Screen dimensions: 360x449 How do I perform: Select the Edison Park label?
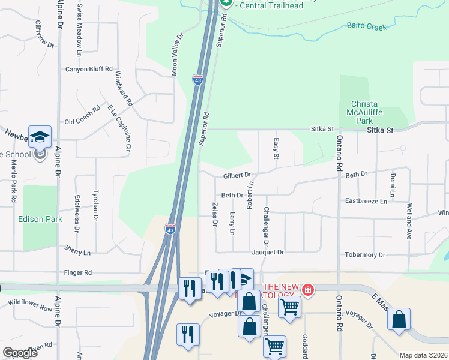[40, 219]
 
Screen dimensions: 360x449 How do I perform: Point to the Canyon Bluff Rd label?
[89, 69]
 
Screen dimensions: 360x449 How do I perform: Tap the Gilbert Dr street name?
[237, 176]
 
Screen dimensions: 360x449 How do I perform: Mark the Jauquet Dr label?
[268, 253]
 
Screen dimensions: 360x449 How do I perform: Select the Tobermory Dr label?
[365, 255]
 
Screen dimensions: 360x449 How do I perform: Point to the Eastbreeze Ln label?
[366, 202]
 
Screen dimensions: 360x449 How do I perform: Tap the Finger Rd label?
[79, 272]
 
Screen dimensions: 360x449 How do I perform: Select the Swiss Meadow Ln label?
[79, 24]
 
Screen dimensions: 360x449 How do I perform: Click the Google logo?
[20, 353]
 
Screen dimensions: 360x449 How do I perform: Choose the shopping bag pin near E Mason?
[399, 319]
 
